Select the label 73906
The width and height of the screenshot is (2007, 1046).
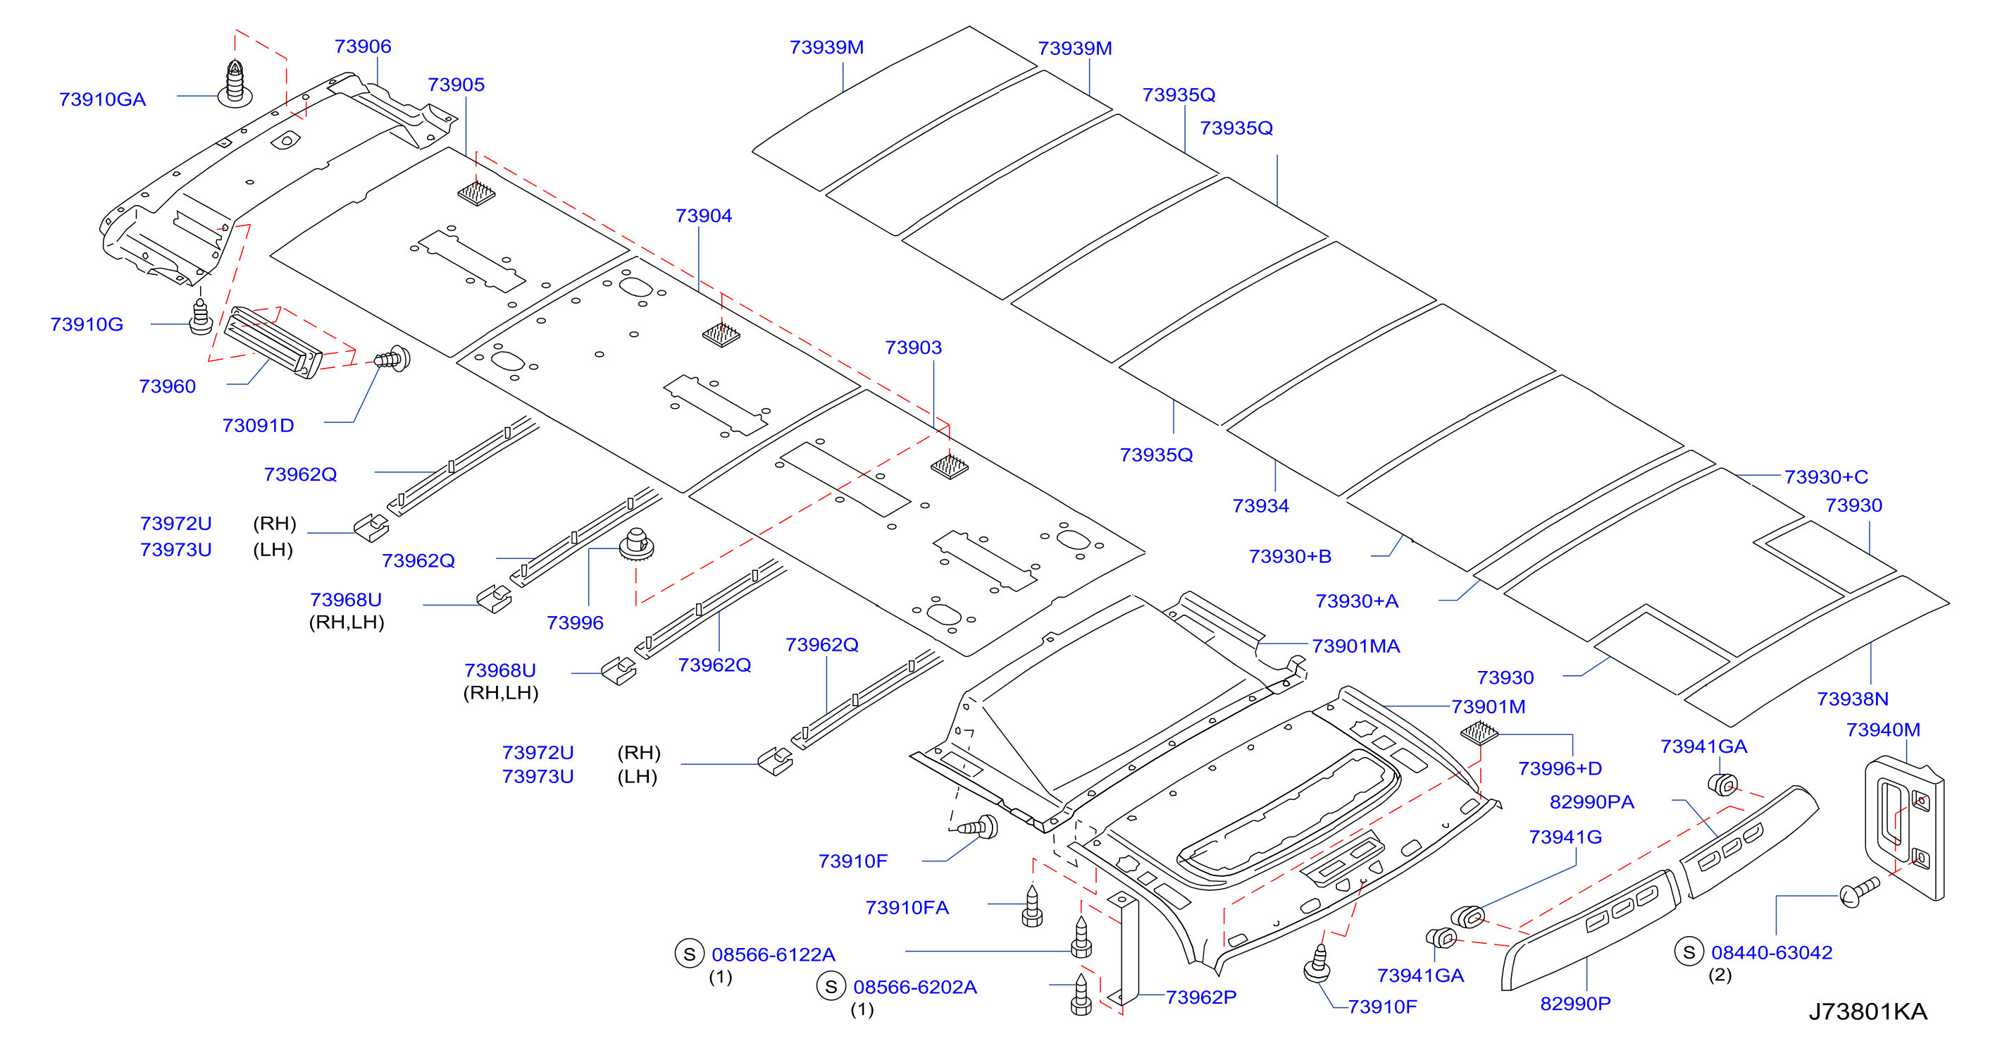click(362, 47)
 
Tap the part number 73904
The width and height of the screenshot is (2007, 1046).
click(704, 216)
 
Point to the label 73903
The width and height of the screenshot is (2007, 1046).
click(913, 347)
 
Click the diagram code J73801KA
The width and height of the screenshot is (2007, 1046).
click(1868, 1011)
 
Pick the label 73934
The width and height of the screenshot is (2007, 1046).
click(1260, 507)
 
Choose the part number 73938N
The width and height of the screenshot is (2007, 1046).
click(1853, 699)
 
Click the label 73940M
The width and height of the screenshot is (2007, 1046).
click(1883, 730)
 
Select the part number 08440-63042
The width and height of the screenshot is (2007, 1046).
click(1772, 952)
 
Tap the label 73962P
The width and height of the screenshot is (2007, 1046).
click(1200, 997)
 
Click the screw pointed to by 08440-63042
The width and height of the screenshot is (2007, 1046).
click(1859, 893)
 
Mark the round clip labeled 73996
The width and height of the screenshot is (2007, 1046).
click(637, 544)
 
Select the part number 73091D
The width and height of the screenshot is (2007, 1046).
click(258, 426)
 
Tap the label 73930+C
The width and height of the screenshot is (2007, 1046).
click(1826, 477)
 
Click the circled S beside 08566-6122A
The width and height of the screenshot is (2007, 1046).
click(690, 954)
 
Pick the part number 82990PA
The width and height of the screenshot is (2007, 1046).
click(1592, 803)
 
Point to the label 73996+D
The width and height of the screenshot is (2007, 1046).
click(1560, 769)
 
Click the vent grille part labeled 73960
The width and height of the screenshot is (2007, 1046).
click(273, 343)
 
